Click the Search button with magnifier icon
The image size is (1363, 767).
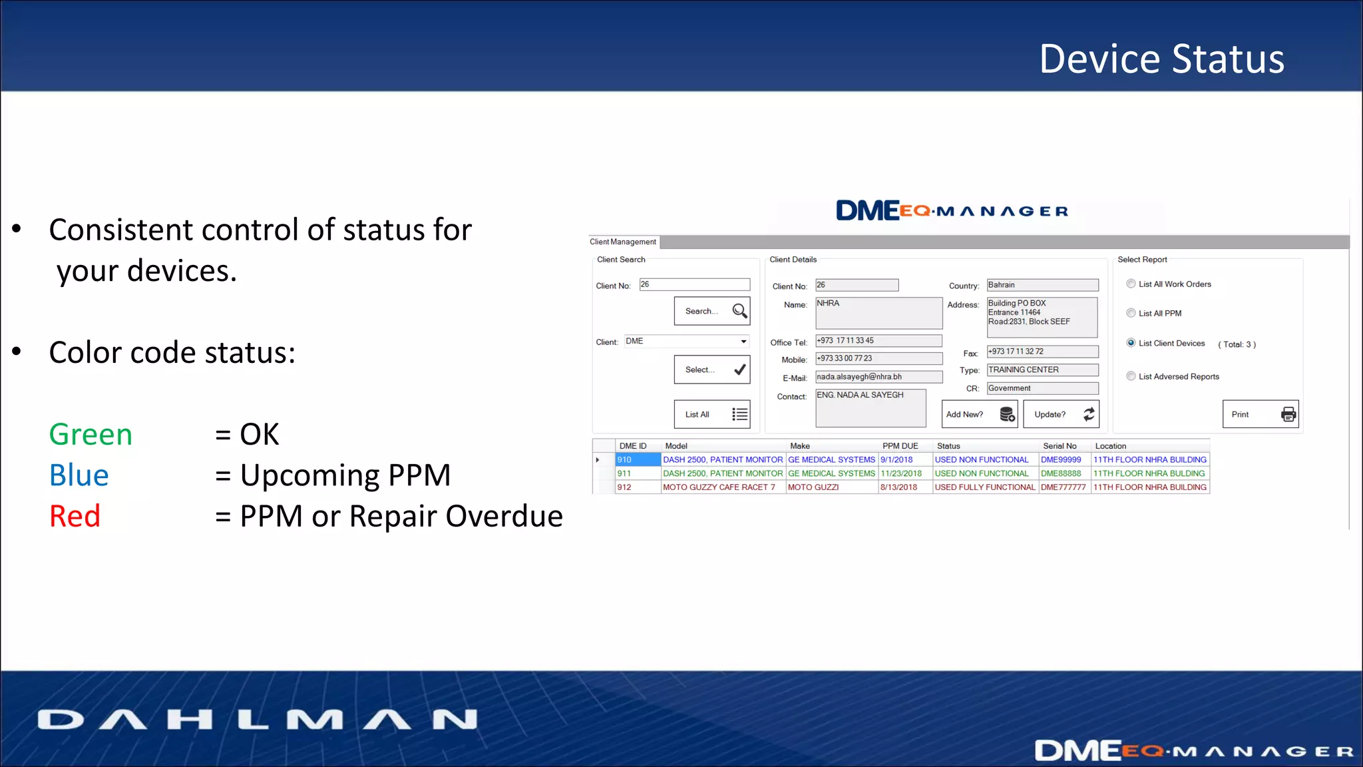click(x=711, y=311)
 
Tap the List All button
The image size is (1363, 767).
click(x=711, y=414)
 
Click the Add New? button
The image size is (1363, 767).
click(x=979, y=414)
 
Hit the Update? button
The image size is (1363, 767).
click(x=1061, y=414)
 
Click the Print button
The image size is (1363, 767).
click(x=1260, y=414)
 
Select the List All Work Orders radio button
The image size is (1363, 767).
click(x=1131, y=284)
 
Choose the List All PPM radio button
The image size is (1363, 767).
click(x=1131, y=313)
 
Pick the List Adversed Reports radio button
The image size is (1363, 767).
click(x=1131, y=376)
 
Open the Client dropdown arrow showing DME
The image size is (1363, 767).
click(x=743, y=342)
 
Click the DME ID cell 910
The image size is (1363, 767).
click(x=638, y=460)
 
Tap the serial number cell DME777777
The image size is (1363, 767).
click(x=1064, y=487)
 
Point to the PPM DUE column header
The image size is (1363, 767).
click(x=900, y=446)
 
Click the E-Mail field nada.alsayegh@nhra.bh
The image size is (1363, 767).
click(x=878, y=377)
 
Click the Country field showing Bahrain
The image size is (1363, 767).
click(x=1042, y=285)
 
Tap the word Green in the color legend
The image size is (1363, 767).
click(x=91, y=435)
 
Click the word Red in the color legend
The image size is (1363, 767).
click(x=75, y=517)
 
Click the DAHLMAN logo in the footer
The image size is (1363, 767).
click(x=258, y=720)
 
